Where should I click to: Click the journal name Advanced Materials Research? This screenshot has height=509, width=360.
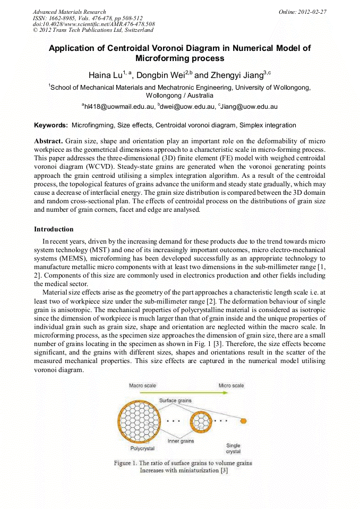click(x=70, y=12)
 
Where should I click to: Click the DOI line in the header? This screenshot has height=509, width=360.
click(x=93, y=24)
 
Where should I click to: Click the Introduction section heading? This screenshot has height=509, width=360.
click(x=54, y=229)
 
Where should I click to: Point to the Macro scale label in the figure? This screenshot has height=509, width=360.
click(x=142, y=385)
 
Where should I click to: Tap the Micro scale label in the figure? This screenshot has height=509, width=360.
click(x=231, y=385)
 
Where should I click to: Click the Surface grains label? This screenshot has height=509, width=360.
click(x=175, y=401)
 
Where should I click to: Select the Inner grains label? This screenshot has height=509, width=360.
click(x=181, y=441)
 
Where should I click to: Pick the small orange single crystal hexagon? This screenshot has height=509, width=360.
click(x=243, y=421)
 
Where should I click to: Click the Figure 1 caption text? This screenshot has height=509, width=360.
click(x=183, y=467)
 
